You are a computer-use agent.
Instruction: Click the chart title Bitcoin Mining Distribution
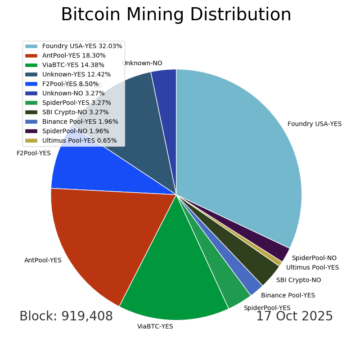pos(176,15)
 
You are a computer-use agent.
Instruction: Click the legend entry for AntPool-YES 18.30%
pos(74,56)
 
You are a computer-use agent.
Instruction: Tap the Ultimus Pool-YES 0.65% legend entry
pos(79,140)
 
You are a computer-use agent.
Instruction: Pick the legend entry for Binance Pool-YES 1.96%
pos(80,121)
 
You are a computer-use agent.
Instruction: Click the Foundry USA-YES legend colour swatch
pos(31,46)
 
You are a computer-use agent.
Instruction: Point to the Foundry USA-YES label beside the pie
pos(315,124)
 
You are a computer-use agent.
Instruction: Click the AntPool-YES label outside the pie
pos(43,260)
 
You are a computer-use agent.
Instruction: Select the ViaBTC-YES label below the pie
pos(155,327)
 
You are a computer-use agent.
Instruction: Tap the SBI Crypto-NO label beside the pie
pos(298,280)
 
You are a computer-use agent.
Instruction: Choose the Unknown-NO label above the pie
pos(142,63)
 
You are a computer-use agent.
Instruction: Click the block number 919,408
pos(66,316)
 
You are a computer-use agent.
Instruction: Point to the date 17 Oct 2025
pos(294,316)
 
